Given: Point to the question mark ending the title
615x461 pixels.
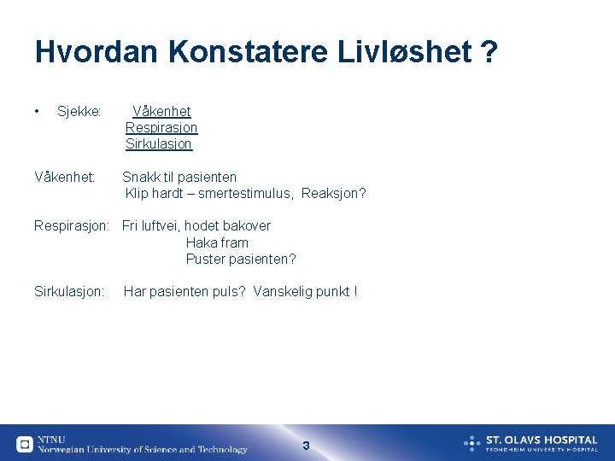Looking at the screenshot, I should click(x=489, y=52).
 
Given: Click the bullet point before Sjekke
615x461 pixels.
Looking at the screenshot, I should click(x=38, y=111).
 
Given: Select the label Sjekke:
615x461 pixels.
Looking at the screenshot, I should click(x=79, y=112).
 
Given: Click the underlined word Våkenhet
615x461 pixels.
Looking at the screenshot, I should click(x=162, y=112).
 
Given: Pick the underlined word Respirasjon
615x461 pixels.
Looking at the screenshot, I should click(x=161, y=128).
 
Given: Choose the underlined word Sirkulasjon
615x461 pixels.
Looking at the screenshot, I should click(x=159, y=144).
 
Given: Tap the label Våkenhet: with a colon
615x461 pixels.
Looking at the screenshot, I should click(x=65, y=178).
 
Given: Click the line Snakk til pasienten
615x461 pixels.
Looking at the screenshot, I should click(x=179, y=178).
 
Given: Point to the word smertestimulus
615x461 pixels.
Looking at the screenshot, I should click(x=246, y=194).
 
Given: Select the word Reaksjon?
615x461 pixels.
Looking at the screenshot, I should click(x=334, y=194).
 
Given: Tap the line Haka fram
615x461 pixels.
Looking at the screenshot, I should click(x=217, y=242).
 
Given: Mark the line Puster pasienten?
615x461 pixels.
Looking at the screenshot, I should click(x=241, y=259).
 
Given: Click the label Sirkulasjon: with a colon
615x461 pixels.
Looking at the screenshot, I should click(x=69, y=292).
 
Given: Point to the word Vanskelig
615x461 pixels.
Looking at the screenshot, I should click(x=283, y=292).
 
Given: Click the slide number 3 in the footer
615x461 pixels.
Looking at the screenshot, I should click(x=306, y=446).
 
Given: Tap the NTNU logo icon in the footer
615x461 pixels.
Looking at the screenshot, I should click(x=25, y=444).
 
